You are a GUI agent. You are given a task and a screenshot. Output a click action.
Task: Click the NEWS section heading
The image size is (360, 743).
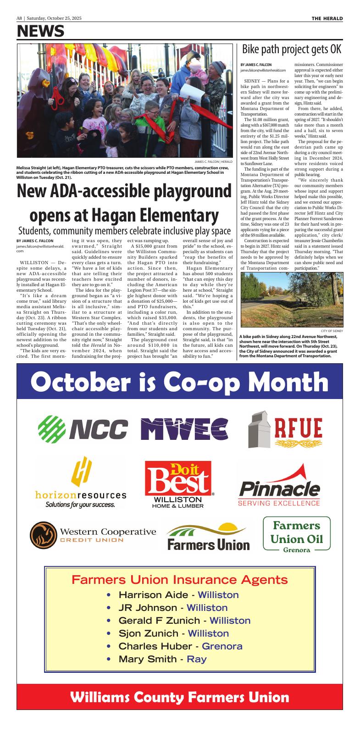40,31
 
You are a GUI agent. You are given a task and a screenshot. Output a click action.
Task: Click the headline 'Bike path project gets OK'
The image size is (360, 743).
292,50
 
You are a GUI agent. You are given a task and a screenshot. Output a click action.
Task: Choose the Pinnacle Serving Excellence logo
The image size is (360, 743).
279,486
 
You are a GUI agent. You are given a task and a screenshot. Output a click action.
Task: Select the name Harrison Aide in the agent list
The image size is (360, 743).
153,595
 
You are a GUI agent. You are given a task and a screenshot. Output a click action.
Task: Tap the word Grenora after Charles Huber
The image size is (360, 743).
222,646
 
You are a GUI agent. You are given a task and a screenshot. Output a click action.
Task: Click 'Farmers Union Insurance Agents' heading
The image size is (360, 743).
180,580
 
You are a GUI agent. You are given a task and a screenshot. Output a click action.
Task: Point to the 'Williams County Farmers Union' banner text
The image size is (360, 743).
180,698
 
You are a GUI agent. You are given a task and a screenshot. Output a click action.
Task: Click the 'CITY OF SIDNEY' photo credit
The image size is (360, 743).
332,331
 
